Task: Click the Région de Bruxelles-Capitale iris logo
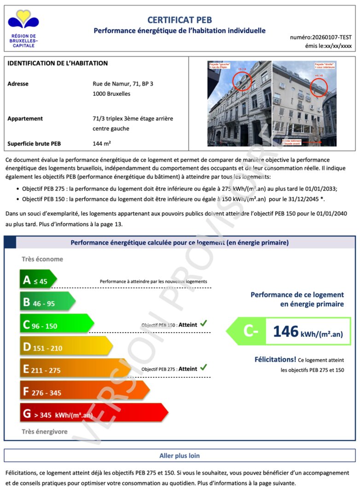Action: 23,21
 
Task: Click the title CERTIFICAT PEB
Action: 180,20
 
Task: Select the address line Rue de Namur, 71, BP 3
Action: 123,84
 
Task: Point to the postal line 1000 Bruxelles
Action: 111,94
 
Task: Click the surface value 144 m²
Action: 102,143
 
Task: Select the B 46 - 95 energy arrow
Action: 46,302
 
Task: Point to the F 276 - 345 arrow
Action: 83,391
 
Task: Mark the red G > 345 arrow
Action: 92,414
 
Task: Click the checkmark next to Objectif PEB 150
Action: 203,324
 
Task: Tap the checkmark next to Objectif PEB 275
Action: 203,368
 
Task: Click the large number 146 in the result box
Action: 286,332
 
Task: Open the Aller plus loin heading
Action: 180,456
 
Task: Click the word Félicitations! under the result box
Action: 275,359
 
